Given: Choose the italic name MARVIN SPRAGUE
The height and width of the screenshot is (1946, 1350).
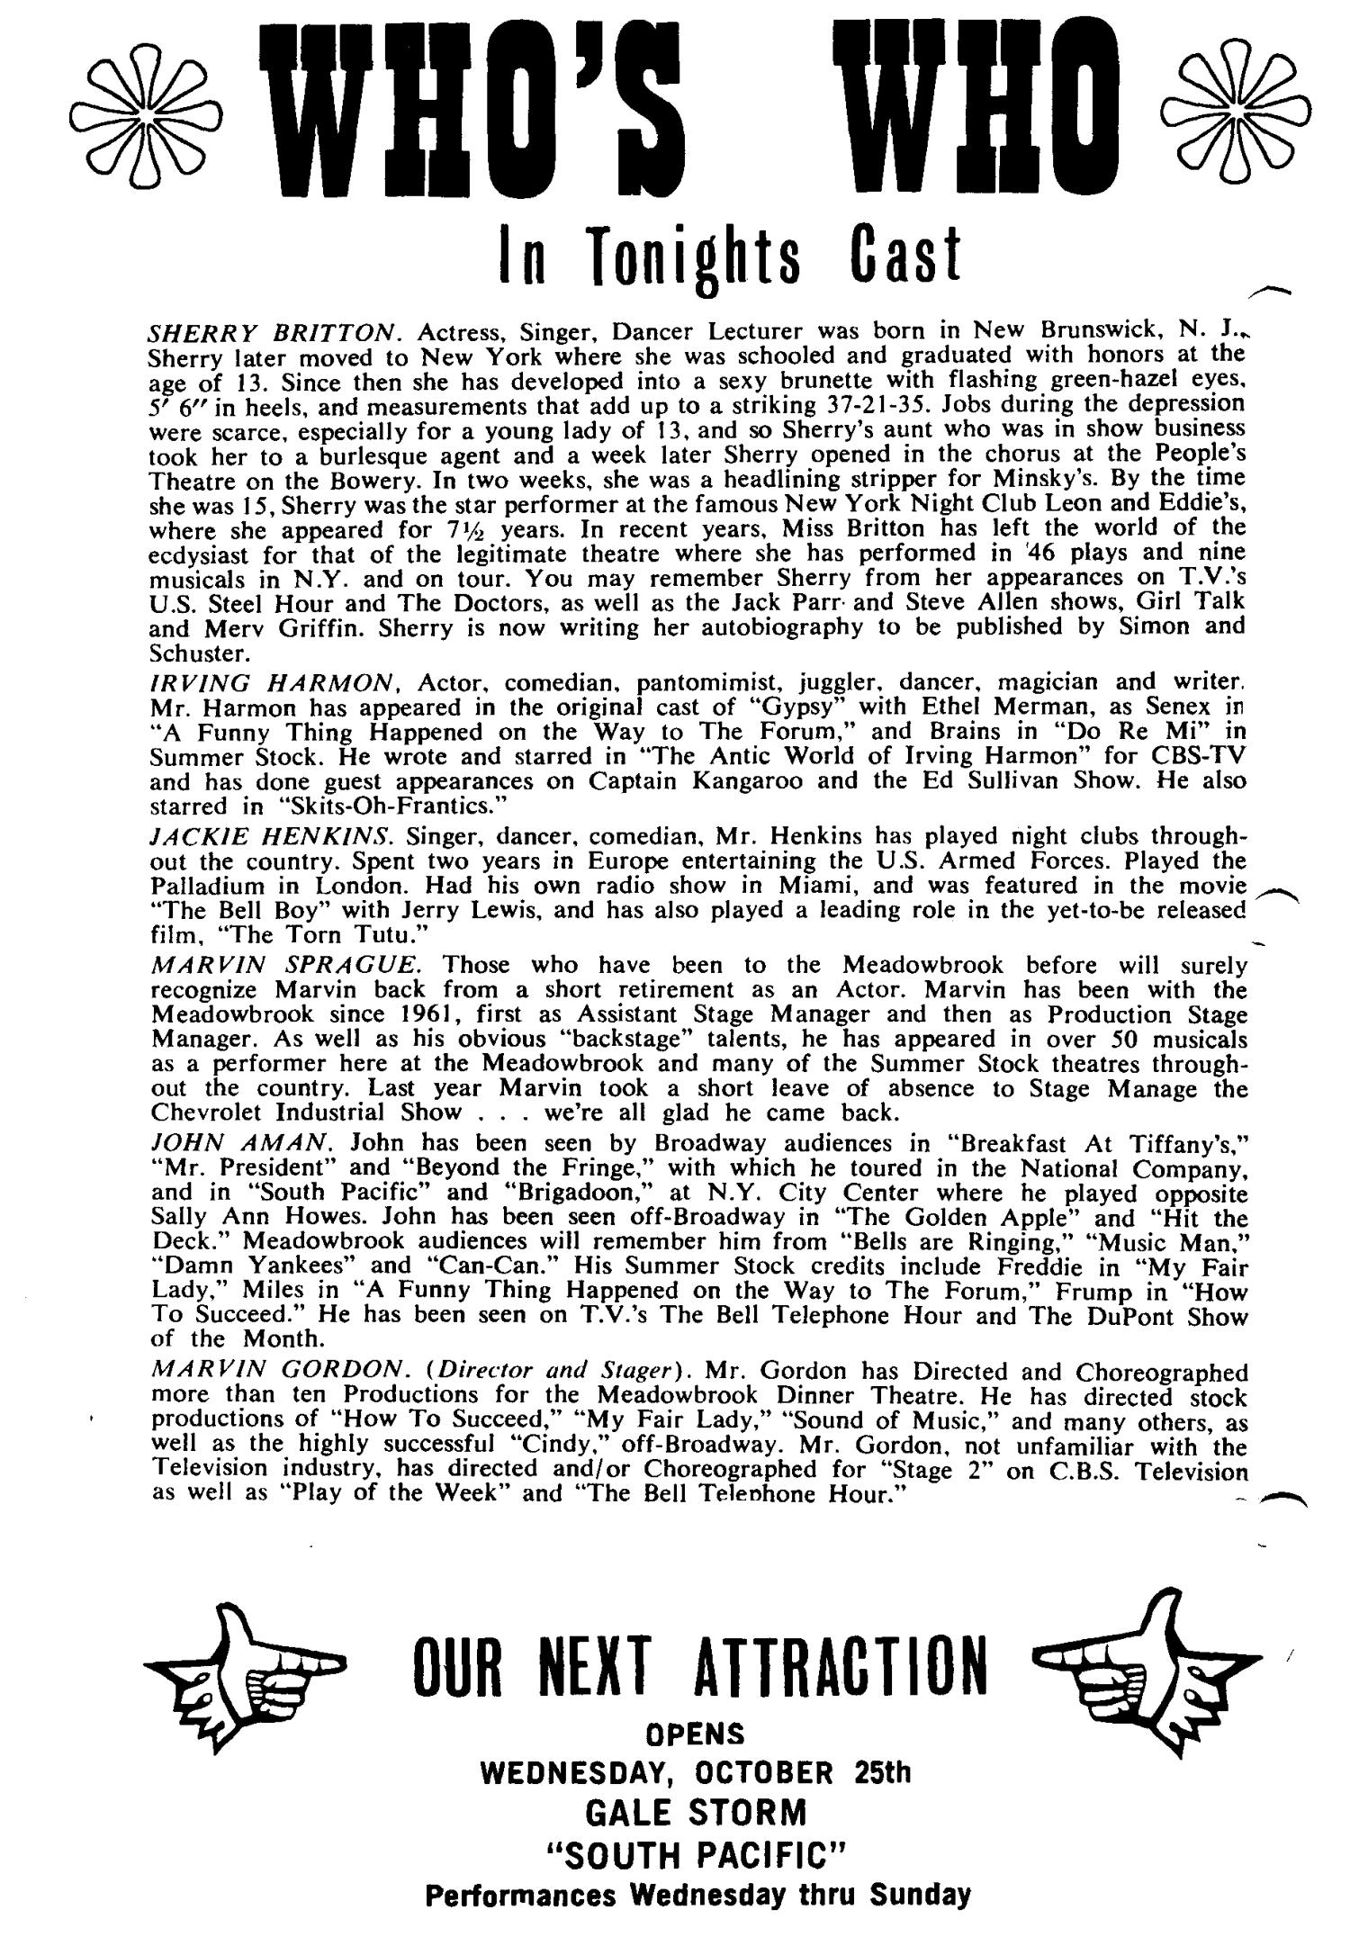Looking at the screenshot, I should [286, 966].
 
